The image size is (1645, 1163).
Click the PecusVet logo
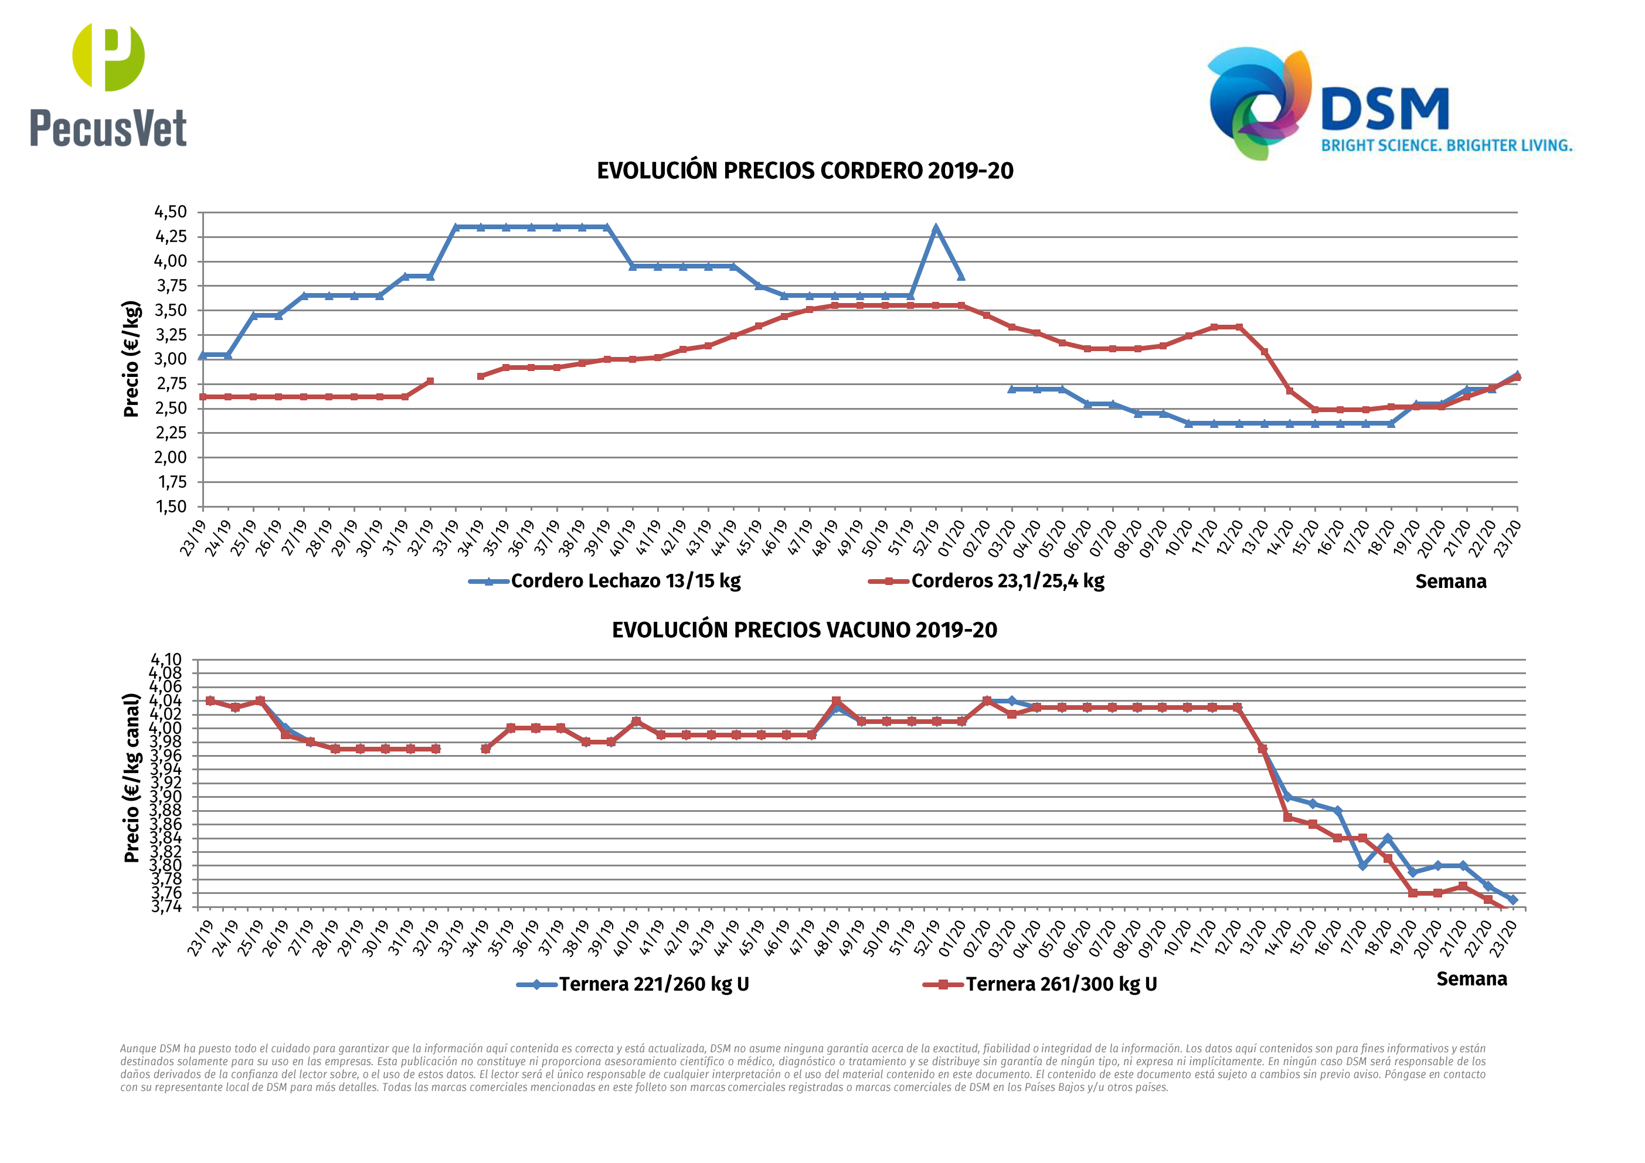coord(108,84)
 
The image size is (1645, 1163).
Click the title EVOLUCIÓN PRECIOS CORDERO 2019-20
coord(804,171)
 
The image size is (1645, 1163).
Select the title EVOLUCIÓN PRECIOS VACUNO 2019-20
coord(804,630)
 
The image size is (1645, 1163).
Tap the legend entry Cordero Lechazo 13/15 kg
coord(625,580)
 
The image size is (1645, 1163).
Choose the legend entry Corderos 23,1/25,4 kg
coord(1007,580)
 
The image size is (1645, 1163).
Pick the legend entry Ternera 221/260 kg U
coord(654,984)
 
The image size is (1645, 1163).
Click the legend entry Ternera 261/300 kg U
coord(1061,984)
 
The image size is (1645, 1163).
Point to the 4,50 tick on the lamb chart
coord(171,212)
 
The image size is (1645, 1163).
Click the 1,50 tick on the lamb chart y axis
coord(171,506)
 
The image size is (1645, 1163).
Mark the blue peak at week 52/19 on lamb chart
coord(936,229)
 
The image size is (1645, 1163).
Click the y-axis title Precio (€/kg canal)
coord(132,777)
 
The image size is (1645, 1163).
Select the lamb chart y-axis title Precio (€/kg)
coord(131,358)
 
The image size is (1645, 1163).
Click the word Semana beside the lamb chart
coord(1450,581)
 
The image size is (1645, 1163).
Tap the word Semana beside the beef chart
coord(1471,979)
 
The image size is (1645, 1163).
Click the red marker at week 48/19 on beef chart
coord(836,701)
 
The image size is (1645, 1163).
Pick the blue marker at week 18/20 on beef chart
coord(1387,838)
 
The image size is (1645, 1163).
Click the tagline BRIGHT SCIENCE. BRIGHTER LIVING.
coord(1446,145)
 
